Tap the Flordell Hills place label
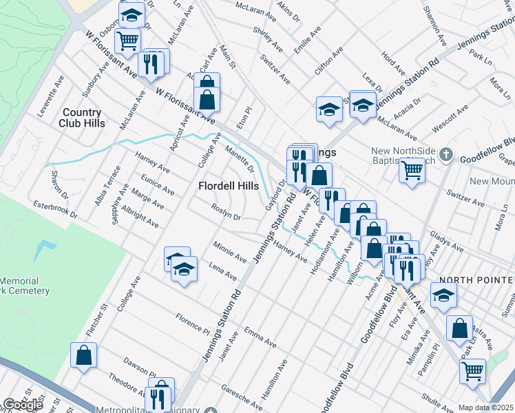tap(229, 186)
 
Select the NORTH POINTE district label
tap(476, 279)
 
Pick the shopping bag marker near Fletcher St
tap(83, 355)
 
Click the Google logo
tap(23, 405)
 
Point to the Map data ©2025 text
tap(485, 407)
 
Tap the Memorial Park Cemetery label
tap(25, 286)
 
